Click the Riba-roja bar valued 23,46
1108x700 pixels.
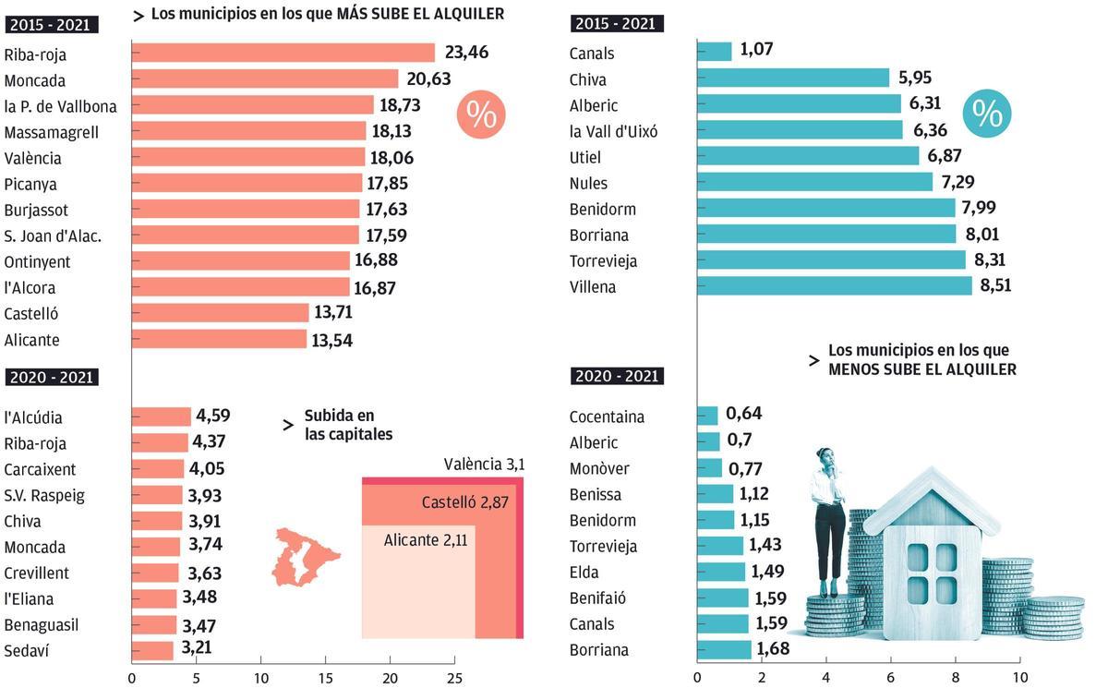click(x=283, y=54)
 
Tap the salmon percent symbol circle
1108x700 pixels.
click(x=481, y=115)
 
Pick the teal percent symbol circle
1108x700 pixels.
click(x=987, y=115)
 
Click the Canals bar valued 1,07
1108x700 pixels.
click(x=714, y=53)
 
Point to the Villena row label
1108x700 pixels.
click(x=593, y=287)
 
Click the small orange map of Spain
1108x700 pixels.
click(x=305, y=557)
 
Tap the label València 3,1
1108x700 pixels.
click(x=484, y=465)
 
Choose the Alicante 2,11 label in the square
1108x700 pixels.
click(x=426, y=540)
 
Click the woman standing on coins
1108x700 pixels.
click(x=829, y=517)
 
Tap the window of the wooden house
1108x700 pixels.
click(x=932, y=573)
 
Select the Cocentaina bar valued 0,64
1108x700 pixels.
click(x=707, y=416)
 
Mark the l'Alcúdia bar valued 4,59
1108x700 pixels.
click(x=162, y=417)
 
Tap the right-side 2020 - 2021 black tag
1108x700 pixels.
click(x=617, y=376)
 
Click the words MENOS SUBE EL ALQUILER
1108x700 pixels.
click(x=921, y=369)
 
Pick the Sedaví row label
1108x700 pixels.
click(x=27, y=651)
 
